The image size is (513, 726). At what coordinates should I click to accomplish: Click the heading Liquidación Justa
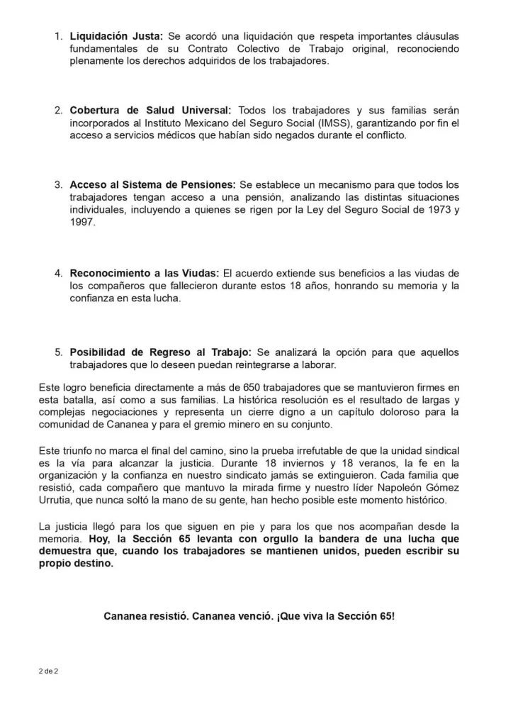[116, 35]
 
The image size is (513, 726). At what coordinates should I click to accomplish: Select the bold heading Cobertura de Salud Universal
[150, 110]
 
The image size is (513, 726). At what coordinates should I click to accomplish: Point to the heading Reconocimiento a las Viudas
[145, 273]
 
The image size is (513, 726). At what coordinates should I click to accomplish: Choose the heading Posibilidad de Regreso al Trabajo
[160, 352]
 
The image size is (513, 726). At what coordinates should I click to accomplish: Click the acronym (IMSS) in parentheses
[381, 123]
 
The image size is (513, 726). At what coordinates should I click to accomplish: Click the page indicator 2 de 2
[48, 671]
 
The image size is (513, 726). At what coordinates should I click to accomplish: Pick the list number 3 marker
[60, 184]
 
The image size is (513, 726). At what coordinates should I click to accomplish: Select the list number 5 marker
[60, 352]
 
